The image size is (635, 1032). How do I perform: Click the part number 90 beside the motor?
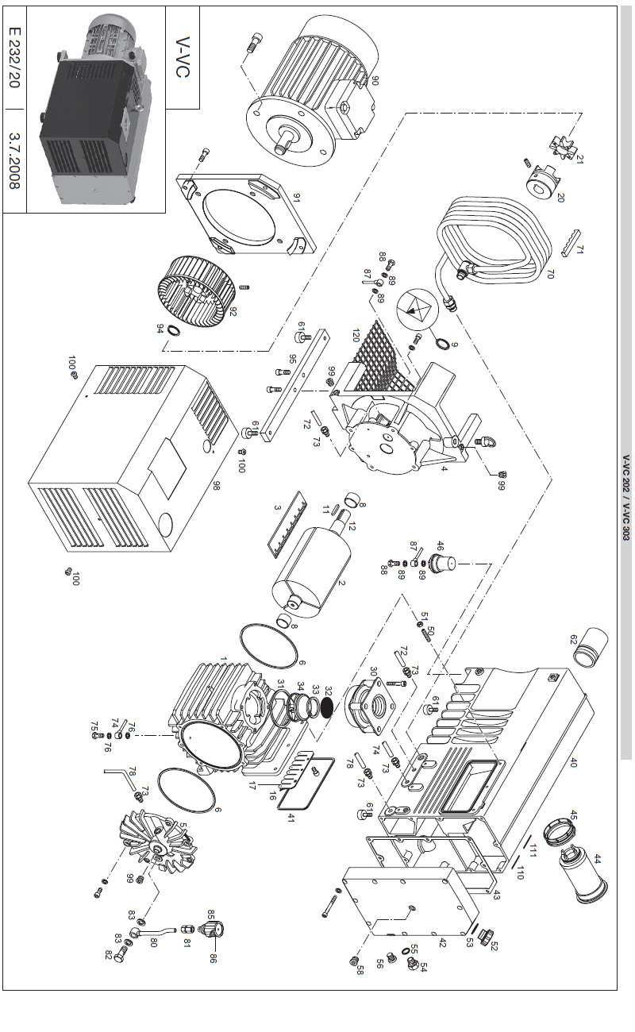click(375, 80)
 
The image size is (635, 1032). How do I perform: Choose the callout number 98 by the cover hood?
click(214, 485)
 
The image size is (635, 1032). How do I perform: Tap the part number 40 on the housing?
click(573, 762)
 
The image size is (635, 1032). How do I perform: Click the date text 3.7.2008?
click(13, 162)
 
